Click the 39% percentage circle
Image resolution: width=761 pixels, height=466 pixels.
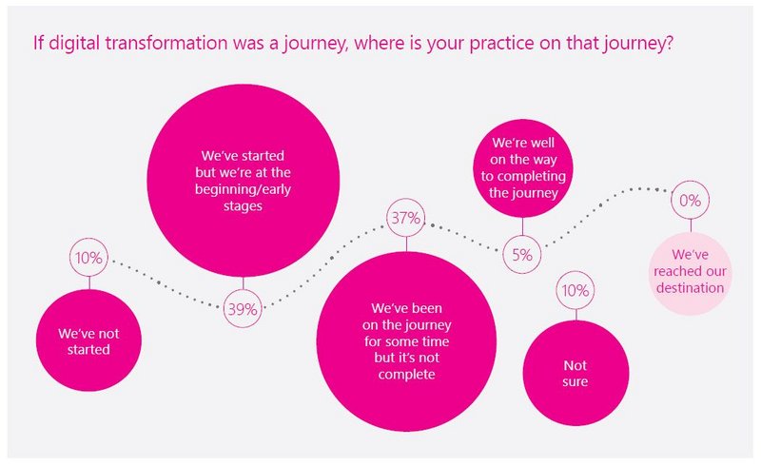pyautogui.click(x=224, y=309)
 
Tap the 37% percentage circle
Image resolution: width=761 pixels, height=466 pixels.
pyautogui.click(x=387, y=218)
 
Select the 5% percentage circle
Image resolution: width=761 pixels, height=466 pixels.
pyautogui.click(x=503, y=254)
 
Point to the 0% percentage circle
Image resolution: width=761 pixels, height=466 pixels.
pyautogui.click(x=672, y=200)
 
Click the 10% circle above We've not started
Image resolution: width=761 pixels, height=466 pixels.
pyautogui.click(x=70, y=258)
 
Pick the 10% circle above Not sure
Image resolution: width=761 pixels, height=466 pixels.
pyautogui.click(x=556, y=290)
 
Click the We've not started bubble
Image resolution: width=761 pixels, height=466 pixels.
pyautogui.click(x=88, y=340)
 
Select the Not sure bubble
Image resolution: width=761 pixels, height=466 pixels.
pyautogui.click(x=576, y=373)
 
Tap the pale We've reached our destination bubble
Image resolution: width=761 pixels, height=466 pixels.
pyautogui.click(x=691, y=273)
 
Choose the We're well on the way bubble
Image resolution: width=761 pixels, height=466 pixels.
pyautogui.click(x=522, y=168)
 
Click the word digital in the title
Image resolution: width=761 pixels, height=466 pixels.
pyautogui.click(x=74, y=43)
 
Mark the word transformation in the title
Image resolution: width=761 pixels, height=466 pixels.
pyautogui.click(x=166, y=43)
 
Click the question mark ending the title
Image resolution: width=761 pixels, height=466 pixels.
pyautogui.click(x=669, y=43)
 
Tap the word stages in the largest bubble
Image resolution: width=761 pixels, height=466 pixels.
pyautogui.click(x=243, y=206)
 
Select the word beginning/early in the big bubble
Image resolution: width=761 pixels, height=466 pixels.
pyautogui.click(x=243, y=189)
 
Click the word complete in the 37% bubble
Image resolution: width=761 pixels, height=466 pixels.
pyautogui.click(x=407, y=375)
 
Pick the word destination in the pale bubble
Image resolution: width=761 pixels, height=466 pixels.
pyautogui.click(x=691, y=288)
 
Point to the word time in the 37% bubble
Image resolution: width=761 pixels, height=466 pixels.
pyautogui.click(x=435, y=341)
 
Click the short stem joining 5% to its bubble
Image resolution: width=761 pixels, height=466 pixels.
pyautogui.click(x=522, y=226)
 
